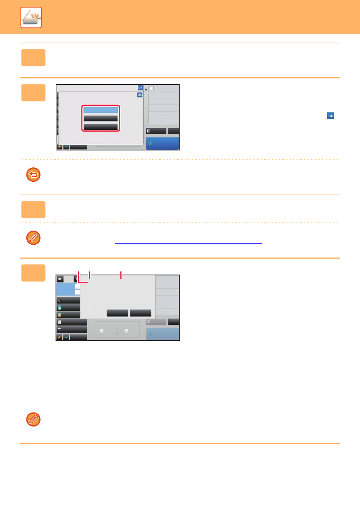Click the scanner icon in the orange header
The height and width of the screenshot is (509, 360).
31,18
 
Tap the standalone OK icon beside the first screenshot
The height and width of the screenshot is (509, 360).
331,116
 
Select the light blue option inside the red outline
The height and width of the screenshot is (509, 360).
100,110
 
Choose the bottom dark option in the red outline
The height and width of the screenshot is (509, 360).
100,127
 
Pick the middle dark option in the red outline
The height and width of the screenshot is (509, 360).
100,118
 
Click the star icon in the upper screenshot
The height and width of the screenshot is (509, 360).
60,147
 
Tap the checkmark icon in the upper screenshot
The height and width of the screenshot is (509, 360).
66,147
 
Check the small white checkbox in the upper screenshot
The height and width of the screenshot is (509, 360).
152,89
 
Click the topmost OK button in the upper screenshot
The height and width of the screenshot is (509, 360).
140,88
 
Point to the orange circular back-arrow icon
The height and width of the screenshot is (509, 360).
33,175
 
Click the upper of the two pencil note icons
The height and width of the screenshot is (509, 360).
33,238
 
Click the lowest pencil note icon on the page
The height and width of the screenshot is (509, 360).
33,419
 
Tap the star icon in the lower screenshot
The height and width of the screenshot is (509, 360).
59,337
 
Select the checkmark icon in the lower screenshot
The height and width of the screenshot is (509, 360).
66,337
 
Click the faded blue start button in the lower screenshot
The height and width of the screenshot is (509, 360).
163,334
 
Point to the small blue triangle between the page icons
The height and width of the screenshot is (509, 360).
117,333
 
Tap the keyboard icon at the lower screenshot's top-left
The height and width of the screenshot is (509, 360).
60,279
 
